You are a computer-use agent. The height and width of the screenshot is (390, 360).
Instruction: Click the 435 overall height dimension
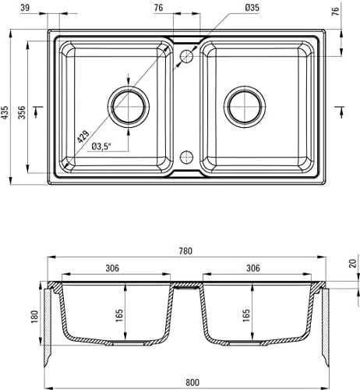click(5, 112)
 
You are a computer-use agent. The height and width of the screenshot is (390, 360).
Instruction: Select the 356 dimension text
click(22, 112)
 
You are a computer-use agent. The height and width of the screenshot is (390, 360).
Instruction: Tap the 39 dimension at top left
click(25, 8)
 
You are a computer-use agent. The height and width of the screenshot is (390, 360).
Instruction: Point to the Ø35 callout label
click(252, 8)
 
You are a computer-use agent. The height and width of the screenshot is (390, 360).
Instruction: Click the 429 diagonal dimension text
click(83, 136)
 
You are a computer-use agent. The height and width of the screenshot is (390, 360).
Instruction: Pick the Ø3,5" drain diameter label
click(101, 147)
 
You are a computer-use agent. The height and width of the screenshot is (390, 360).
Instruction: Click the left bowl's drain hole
click(129, 107)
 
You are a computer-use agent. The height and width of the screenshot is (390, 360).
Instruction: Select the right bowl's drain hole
click(245, 107)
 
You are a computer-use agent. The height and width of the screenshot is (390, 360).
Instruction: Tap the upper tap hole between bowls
click(186, 56)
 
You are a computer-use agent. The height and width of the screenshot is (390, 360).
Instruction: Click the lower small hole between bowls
click(186, 157)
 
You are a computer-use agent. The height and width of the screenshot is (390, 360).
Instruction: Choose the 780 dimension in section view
click(185, 251)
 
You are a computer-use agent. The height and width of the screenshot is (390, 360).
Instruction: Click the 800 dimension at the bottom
click(192, 382)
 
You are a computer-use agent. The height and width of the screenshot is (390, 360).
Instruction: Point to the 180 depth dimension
click(34, 317)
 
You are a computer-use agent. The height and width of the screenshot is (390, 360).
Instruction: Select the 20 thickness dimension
click(352, 264)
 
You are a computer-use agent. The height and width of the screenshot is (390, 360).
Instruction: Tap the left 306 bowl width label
click(112, 268)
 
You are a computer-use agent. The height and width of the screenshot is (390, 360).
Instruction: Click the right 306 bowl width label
click(253, 268)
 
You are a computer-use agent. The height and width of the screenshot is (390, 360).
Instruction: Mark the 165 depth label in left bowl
click(119, 316)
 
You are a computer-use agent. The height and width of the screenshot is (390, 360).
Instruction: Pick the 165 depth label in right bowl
click(246, 316)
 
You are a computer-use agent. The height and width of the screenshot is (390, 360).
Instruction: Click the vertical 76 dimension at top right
click(336, 12)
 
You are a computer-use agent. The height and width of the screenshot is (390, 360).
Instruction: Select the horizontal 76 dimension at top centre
click(158, 8)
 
